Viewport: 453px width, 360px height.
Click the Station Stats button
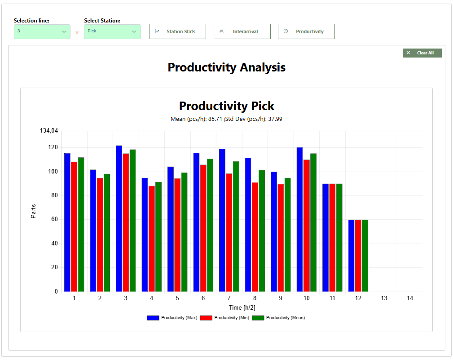click(x=177, y=31)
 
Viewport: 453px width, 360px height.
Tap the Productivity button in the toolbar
click(x=306, y=31)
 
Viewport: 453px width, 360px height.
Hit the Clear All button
click(x=422, y=53)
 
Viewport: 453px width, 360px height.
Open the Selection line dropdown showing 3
click(x=42, y=31)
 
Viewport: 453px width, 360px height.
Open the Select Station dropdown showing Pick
click(x=112, y=31)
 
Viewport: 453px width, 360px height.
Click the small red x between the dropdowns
click(x=77, y=32)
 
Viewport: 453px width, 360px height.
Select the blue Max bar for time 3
click(x=119, y=218)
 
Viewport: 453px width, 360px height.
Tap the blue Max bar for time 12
click(x=351, y=255)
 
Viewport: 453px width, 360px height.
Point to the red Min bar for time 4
click(x=152, y=239)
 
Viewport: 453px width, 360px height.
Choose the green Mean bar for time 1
click(x=81, y=224)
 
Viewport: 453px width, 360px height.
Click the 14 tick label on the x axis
click(x=409, y=298)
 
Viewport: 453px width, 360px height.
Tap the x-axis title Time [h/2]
click(x=242, y=307)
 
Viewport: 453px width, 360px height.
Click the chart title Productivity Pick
click(x=226, y=106)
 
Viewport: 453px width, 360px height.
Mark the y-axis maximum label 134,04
click(x=49, y=131)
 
